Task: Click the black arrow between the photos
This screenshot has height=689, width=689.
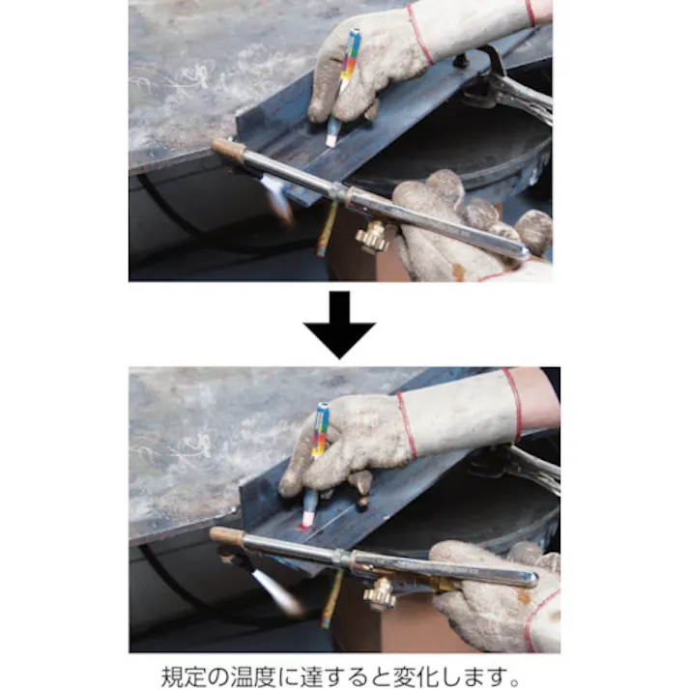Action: [x=339, y=324]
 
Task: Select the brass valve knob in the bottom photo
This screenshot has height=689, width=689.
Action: [x=379, y=591]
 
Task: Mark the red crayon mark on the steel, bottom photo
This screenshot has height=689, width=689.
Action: [x=305, y=528]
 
